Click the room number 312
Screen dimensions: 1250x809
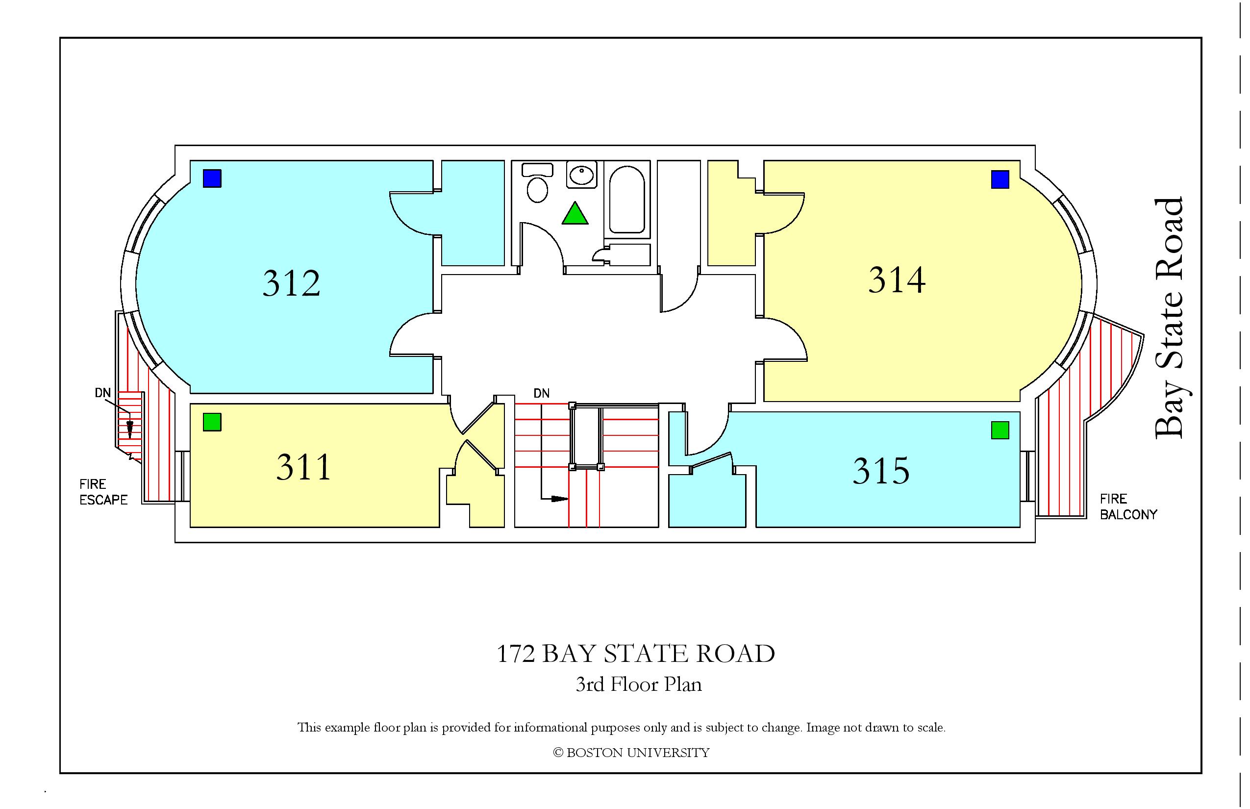tap(292, 284)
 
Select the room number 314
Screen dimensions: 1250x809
tap(897, 280)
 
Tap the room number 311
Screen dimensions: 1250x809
tap(304, 466)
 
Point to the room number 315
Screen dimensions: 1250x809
tap(881, 471)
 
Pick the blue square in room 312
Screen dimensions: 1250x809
tap(212, 178)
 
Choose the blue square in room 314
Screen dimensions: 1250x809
tap(1000, 179)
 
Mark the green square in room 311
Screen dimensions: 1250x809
tap(212, 422)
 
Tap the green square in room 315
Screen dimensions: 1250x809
tap(1000, 430)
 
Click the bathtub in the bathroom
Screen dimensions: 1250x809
tap(627, 200)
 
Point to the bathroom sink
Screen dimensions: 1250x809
tap(582, 176)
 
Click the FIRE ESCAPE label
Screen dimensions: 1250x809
tap(103, 492)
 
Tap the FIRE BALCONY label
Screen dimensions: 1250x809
tap(1128, 506)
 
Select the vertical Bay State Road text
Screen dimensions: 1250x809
tap(1169, 318)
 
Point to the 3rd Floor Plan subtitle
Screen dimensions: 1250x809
tap(639, 684)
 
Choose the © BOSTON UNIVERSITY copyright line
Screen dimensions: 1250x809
tap(631, 753)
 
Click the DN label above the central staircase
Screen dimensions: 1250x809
tap(542, 393)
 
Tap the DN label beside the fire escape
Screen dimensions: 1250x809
tap(103, 392)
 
